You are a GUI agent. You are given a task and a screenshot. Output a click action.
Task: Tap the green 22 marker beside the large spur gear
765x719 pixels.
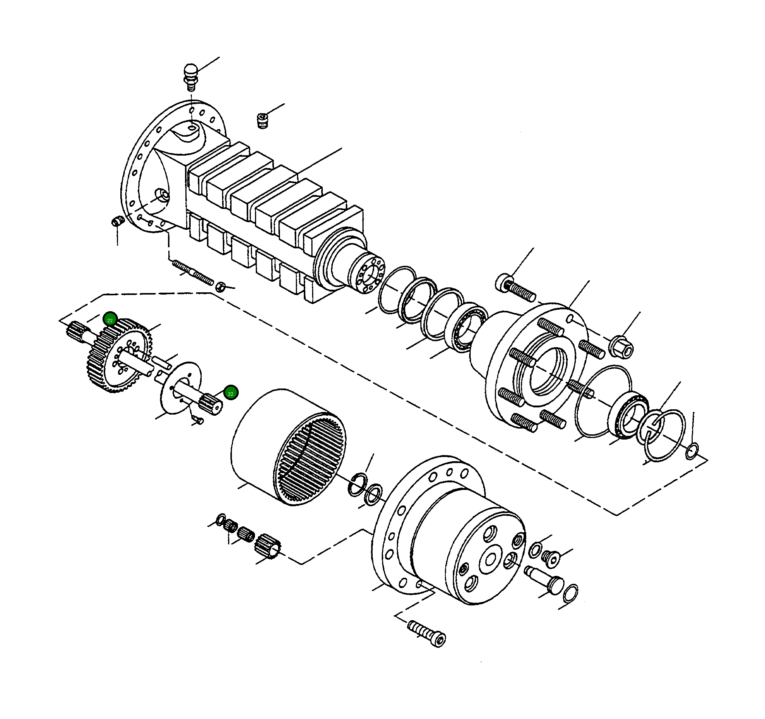point(110,320)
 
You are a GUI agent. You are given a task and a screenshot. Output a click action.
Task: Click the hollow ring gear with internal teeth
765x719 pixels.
point(289,447)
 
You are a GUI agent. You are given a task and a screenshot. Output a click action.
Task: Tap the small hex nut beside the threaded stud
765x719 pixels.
point(220,287)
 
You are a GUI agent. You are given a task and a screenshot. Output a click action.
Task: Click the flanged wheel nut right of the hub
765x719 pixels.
point(621,345)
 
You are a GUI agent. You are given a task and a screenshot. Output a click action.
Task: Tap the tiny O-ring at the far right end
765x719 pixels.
point(692,451)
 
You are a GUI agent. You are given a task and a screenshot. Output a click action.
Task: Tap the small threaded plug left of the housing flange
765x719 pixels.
point(117,222)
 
